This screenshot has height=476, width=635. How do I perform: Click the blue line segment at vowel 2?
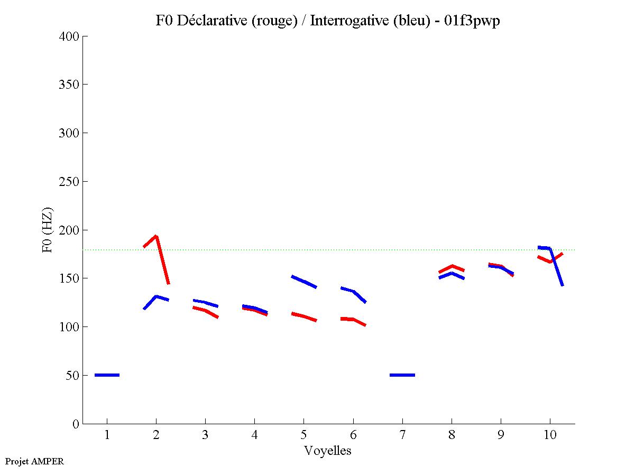click(156, 297)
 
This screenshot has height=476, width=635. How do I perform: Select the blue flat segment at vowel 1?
click(107, 375)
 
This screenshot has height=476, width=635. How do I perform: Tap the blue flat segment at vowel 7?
click(402, 375)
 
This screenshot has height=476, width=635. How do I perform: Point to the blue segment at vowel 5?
click(303, 282)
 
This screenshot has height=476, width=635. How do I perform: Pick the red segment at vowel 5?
click(303, 316)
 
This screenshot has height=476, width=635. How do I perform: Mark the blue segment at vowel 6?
click(353, 291)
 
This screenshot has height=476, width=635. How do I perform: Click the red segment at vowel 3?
click(205, 310)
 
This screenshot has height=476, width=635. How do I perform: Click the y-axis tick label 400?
click(69, 36)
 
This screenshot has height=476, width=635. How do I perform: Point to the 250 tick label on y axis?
click(69, 182)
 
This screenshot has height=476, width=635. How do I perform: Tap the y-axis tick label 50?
click(72, 376)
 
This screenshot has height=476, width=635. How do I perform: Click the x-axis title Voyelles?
click(328, 451)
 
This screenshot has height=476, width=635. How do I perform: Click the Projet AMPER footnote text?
click(34, 461)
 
